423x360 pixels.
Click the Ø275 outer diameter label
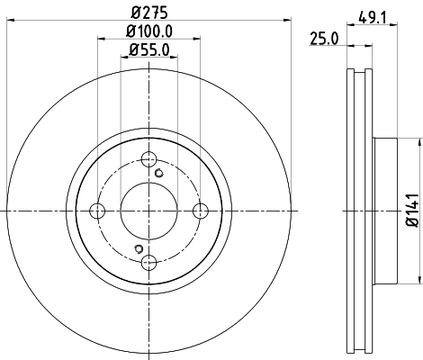point(149,13)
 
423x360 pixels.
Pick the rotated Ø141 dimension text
point(411,210)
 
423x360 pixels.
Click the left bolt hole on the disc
point(98,211)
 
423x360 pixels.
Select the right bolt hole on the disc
point(202,211)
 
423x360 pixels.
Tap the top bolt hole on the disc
point(149,159)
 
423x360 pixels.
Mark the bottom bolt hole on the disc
point(149,262)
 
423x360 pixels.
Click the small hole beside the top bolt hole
point(160,174)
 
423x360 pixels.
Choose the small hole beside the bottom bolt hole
point(138,248)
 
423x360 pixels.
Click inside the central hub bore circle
point(149,211)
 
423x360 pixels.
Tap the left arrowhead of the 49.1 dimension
point(351,26)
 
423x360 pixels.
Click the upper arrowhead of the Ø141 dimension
point(419,143)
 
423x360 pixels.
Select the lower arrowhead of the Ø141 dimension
point(419,278)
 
